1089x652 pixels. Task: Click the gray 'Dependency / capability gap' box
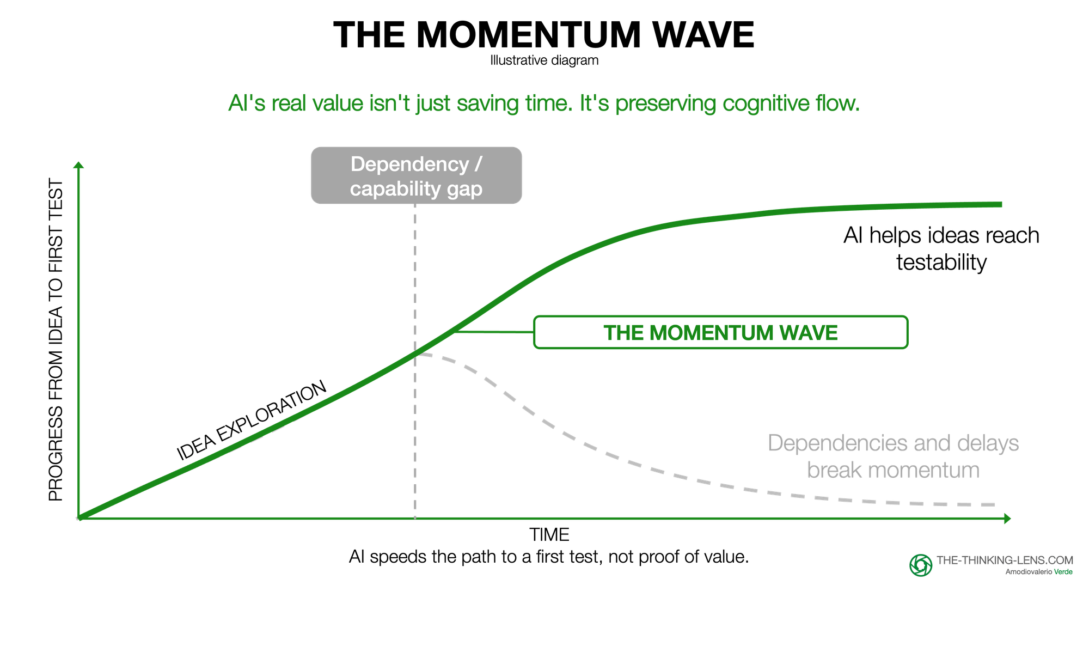pyautogui.click(x=416, y=175)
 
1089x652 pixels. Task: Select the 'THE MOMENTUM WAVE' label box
pyautogui.click(x=720, y=332)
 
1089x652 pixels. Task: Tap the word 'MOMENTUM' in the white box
pyautogui.click(x=711, y=333)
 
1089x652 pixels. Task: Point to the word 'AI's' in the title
pyautogui.click(x=246, y=103)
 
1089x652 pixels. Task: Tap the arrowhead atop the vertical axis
pyautogui.click(x=79, y=164)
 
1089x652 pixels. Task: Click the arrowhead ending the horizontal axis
pyautogui.click(x=1007, y=519)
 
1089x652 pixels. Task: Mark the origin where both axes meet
pyautogui.click(x=79, y=518)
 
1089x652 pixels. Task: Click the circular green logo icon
pyautogui.click(x=921, y=565)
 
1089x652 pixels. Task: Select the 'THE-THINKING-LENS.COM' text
pyautogui.click(x=1005, y=560)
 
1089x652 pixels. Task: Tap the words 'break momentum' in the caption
pyautogui.click(x=893, y=470)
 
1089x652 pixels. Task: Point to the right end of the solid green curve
pyautogui.click(x=1001, y=205)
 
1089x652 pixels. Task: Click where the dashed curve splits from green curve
pyautogui.click(x=416, y=354)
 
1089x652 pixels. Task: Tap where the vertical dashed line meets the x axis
pyautogui.click(x=415, y=518)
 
